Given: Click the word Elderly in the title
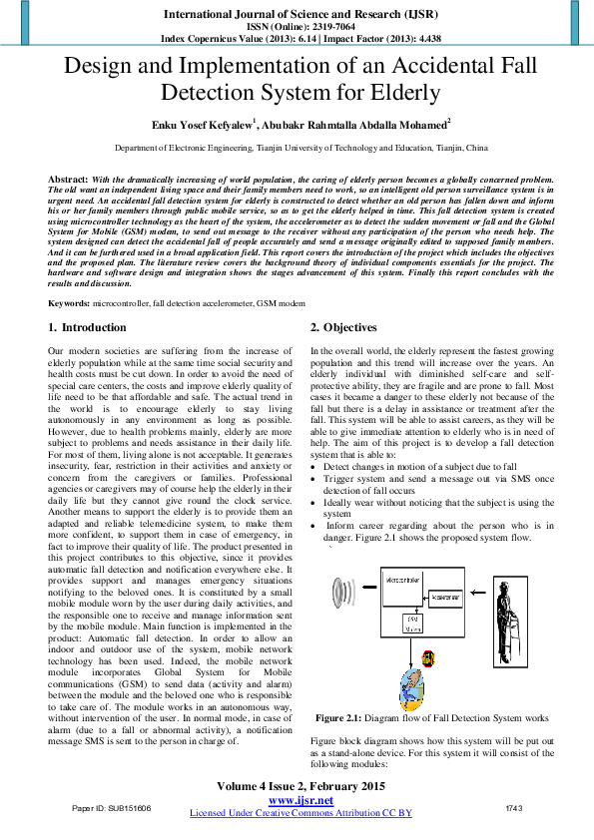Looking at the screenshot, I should tap(405, 95).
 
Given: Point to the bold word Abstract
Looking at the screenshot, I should tap(68, 178).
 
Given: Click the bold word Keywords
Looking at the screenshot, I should tap(73, 302).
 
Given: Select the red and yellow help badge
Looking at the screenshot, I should tap(427, 658).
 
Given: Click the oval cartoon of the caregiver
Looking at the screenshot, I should tap(411, 688).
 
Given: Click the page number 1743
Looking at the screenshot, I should tap(514, 807).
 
